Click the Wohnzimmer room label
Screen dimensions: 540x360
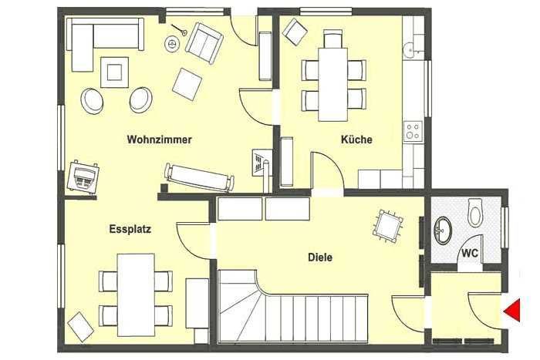coord(159,140)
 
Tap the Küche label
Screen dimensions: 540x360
coord(356,140)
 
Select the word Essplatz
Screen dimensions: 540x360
coord(130,229)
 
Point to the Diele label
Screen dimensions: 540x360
coord(320,257)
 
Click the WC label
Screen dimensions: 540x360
coord(470,254)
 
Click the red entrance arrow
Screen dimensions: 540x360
coord(511,311)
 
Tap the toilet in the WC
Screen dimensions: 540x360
coord(476,212)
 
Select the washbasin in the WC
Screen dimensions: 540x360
coord(443,230)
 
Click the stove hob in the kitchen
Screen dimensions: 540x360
coord(413,131)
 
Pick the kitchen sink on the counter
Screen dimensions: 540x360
coord(411,49)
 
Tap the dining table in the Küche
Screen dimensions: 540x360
coord(332,84)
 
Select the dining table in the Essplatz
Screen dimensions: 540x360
coord(136,295)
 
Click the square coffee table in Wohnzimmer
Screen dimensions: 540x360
coord(114,72)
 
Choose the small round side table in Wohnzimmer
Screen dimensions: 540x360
coord(171,44)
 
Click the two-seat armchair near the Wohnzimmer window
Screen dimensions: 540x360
coord(204,42)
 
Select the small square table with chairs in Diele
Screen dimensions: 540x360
coord(388,226)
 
